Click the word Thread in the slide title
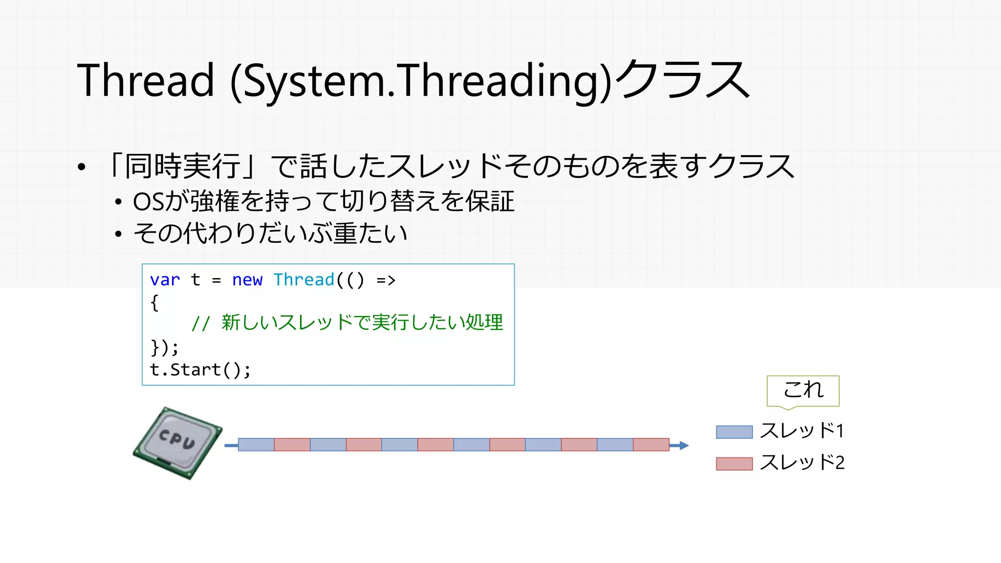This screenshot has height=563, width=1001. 146,81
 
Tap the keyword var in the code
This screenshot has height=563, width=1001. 165,280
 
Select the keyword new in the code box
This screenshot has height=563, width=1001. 247,280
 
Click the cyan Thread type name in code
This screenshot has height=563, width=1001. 304,280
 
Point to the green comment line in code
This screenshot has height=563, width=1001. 347,323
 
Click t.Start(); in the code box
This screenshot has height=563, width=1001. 200,370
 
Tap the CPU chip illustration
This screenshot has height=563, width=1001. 178,443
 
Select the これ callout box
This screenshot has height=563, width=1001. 803,390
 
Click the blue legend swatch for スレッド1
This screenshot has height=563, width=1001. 734,432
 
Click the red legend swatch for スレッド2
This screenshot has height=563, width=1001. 734,463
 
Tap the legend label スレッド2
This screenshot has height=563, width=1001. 802,462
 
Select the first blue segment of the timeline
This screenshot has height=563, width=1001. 256,445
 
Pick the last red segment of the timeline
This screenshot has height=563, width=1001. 651,445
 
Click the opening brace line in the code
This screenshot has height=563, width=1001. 154,303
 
